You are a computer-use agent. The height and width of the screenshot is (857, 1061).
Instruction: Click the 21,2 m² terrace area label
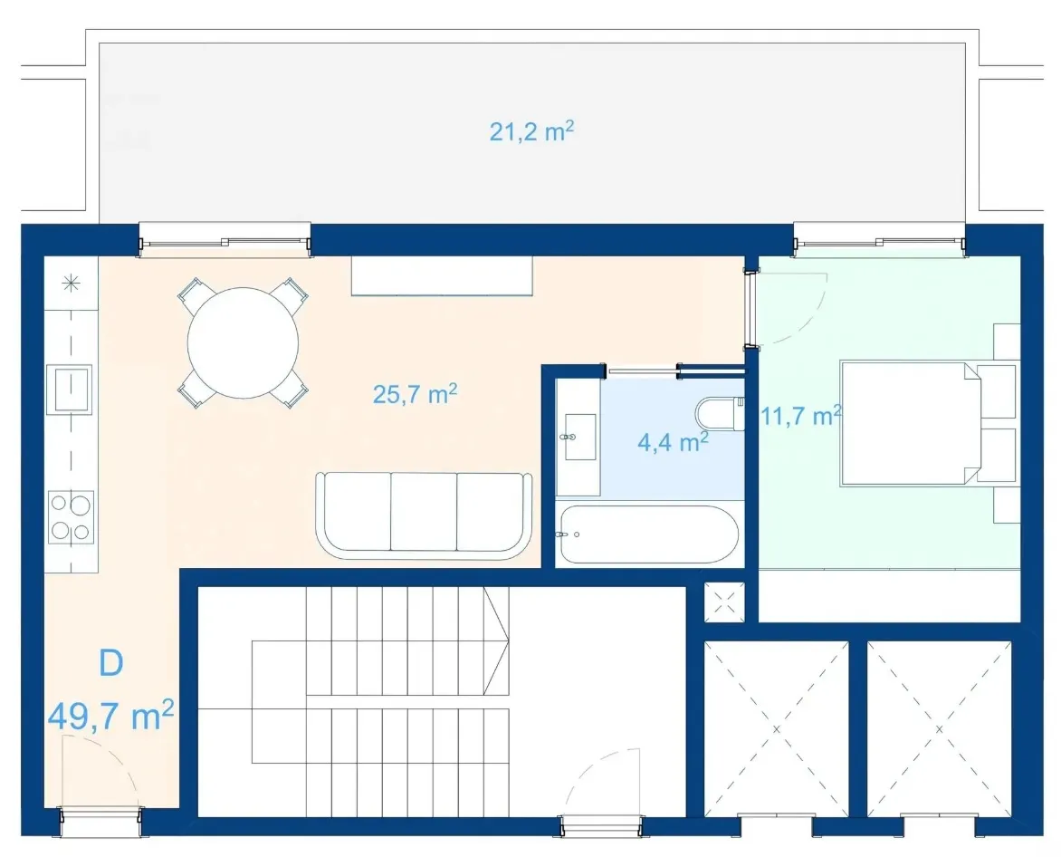pos(531,130)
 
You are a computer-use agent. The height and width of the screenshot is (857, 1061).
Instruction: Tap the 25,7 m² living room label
pos(415,393)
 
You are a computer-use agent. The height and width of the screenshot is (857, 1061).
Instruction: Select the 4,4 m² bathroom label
pos(673,442)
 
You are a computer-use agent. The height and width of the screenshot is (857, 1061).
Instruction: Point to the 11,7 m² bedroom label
pos(801,415)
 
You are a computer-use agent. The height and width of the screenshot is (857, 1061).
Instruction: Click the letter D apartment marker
pos(111,663)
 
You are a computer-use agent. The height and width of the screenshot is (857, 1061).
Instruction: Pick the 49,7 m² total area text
pos(111,716)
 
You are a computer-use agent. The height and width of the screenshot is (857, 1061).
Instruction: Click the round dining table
pos(243,342)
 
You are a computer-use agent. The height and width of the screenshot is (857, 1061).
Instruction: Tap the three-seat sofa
pos(425,515)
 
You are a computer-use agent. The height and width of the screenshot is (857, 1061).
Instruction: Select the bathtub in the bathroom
pos(647,534)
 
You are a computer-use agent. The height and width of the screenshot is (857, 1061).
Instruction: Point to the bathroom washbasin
pos(580,438)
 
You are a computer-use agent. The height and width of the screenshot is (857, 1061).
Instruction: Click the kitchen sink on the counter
pos(68,389)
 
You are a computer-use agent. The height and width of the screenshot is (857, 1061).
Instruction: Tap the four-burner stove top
pos(71,517)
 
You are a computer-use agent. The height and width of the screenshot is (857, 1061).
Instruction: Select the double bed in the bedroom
pos(911,424)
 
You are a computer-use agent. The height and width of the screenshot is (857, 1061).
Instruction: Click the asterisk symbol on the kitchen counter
pos(71,284)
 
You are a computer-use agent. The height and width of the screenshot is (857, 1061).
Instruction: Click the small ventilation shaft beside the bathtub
pos(724,602)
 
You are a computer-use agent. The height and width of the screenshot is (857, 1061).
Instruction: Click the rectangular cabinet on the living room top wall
pos(442,275)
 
